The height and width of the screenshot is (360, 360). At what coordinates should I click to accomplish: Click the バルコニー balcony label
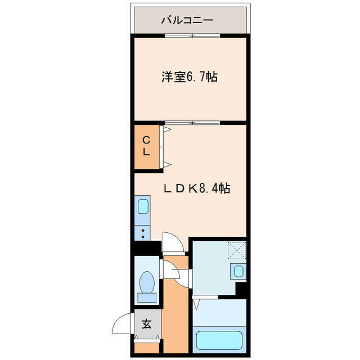pyautogui.click(x=187, y=20)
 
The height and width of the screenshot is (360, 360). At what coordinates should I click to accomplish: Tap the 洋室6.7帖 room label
pyautogui.click(x=190, y=77)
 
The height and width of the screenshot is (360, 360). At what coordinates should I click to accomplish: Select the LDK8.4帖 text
pyautogui.click(x=196, y=188)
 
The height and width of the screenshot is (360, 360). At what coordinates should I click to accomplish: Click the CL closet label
pyautogui.click(x=146, y=146)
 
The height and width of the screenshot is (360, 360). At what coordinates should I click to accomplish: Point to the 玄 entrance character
pyautogui.click(x=146, y=324)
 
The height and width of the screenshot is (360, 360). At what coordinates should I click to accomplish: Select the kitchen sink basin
pyautogui.click(x=143, y=206)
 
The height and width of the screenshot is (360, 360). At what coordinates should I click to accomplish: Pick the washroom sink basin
pyautogui.click(x=238, y=272)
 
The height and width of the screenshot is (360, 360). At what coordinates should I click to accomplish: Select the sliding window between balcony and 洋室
pyautogui.click(x=192, y=36)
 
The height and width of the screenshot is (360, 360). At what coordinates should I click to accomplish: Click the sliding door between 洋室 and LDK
pyautogui.click(x=192, y=123)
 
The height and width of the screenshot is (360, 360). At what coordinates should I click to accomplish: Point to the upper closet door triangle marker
pyautogui.click(x=167, y=129)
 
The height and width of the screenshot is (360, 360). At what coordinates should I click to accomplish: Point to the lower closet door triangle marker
pyautogui.click(x=167, y=164)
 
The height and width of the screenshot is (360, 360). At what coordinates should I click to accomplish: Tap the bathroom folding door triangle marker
pyautogui.click(x=196, y=304)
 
